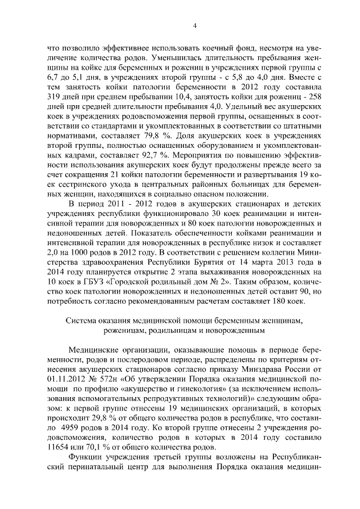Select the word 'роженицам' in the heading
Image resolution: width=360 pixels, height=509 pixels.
click(x=133, y=331)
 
